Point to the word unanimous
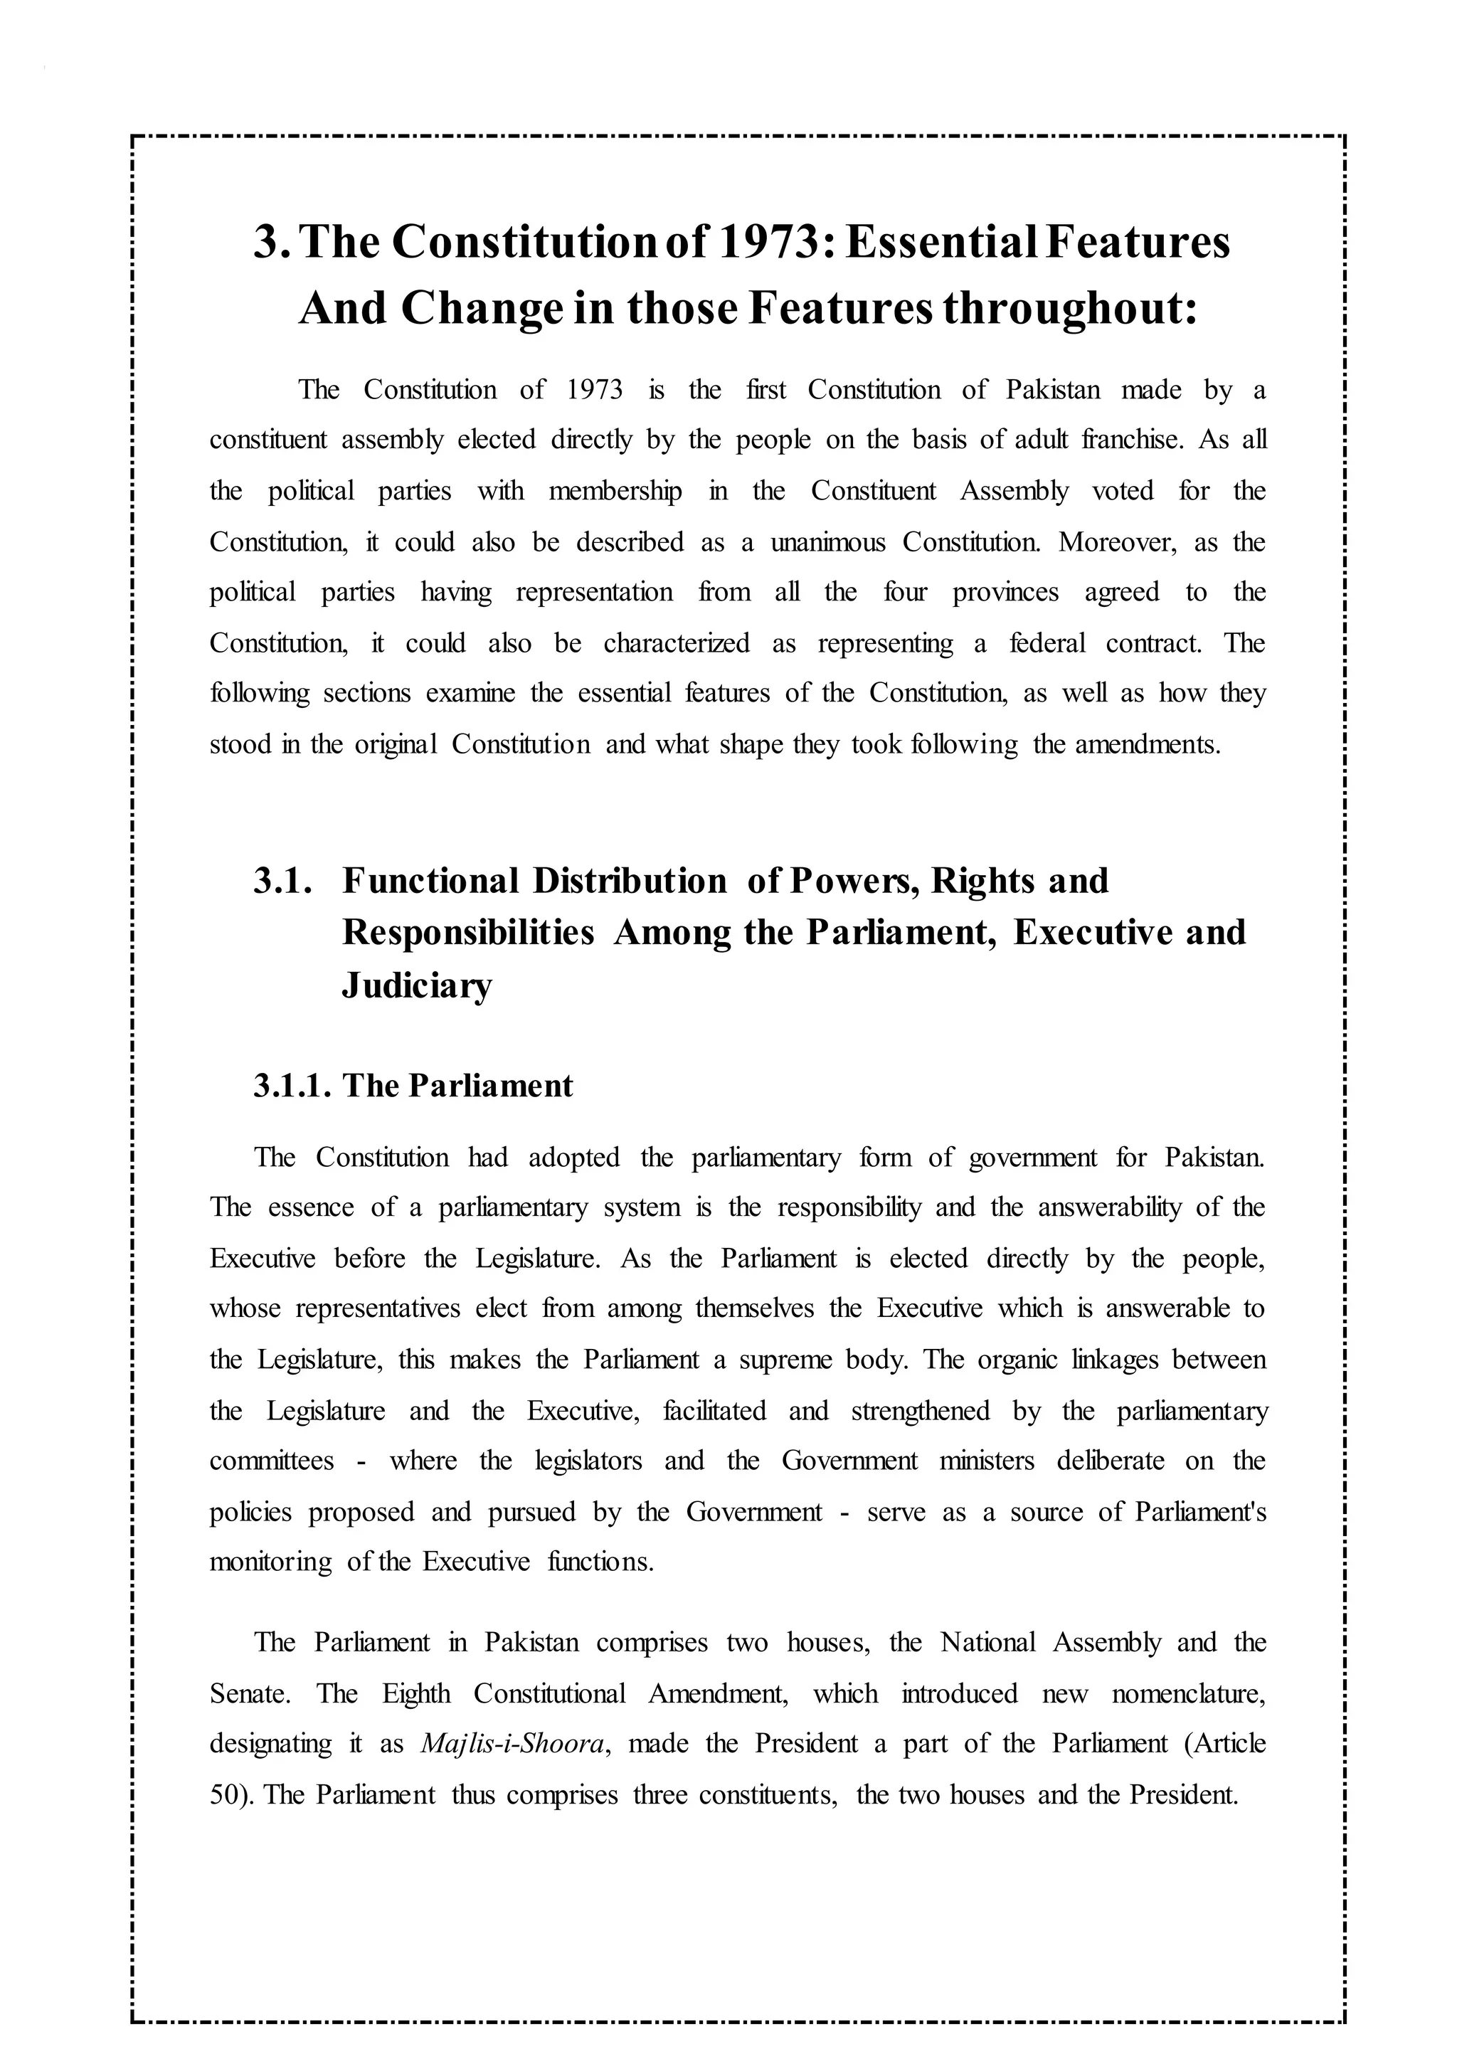click(x=827, y=542)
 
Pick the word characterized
click(x=677, y=643)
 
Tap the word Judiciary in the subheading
click(x=417, y=985)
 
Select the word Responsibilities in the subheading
click(x=468, y=933)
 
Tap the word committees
click(x=272, y=1461)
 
